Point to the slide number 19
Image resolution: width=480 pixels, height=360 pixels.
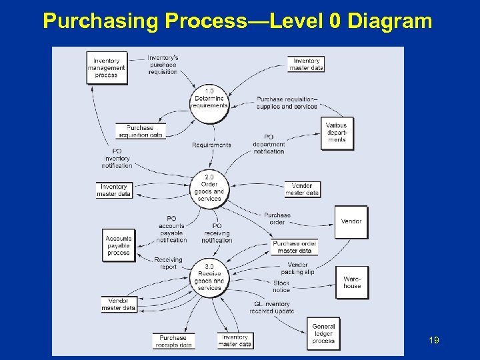(433, 341)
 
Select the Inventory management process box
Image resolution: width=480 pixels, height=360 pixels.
(107, 68)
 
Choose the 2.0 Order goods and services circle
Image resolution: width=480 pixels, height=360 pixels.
(209, 188)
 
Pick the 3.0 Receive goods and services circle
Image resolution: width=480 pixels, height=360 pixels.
(209, 277)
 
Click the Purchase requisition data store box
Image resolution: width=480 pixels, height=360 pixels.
(140, 131)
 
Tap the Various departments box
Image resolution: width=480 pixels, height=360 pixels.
(337, 133)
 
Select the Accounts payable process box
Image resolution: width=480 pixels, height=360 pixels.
(119, 245)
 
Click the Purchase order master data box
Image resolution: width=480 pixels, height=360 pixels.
(295, 247)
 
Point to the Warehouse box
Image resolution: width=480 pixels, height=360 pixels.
(352, 283)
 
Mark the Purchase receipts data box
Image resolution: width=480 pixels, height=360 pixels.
(173, 341)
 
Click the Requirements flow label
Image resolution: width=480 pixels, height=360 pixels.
(211, 145)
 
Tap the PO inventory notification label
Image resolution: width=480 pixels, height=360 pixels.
(117, 158)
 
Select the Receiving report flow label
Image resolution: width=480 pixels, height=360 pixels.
(168, 263)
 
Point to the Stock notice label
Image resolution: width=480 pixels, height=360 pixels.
(281, 286)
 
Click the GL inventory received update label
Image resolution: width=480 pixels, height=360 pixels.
(272, 307)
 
